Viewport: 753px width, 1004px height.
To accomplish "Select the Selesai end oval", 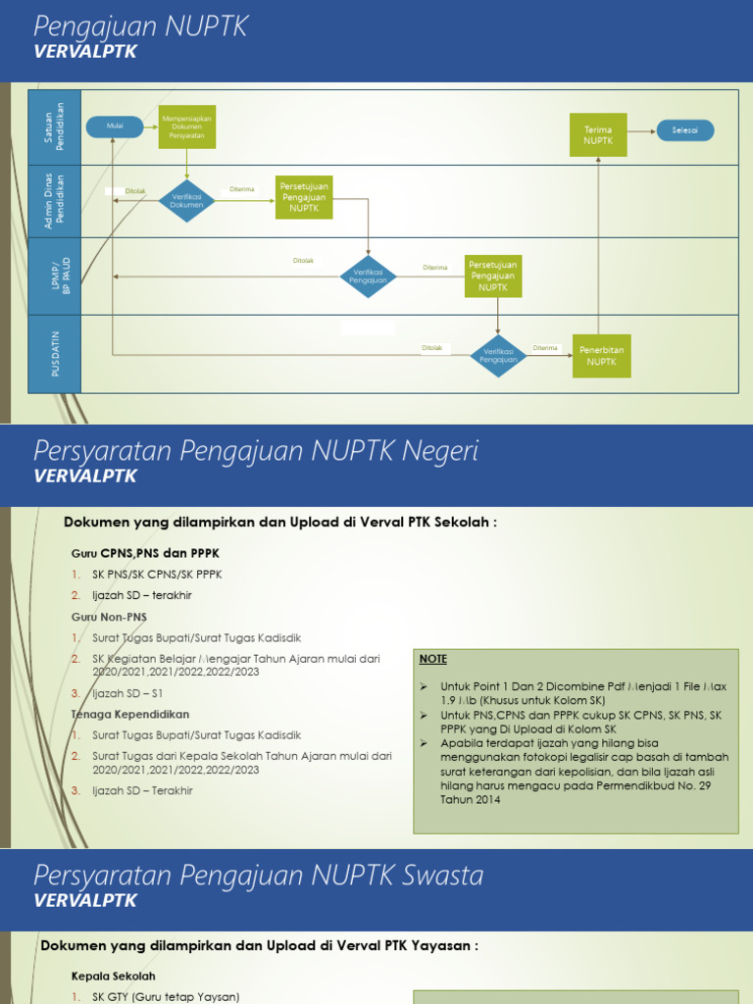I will pos(686,129).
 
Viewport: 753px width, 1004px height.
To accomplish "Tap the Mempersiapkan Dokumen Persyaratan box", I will pos(186,126).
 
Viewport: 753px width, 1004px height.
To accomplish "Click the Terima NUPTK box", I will pos(598,134).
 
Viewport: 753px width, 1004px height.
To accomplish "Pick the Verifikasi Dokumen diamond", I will pos(186,200).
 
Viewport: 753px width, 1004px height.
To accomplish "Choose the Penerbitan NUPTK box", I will pos(601,355).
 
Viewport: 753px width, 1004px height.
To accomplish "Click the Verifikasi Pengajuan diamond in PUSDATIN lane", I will pos(498,355).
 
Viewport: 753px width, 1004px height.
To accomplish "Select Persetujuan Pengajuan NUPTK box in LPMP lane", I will pos(493,276).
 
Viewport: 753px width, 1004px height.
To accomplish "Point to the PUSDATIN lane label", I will pos(56,354).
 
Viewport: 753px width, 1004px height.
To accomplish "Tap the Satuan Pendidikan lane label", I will pos(56,126).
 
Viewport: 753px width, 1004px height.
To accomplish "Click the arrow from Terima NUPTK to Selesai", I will pos(641,129).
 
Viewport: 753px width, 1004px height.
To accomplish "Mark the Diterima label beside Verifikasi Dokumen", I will pos(241,189).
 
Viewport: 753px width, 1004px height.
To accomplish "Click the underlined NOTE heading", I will pos(432,659).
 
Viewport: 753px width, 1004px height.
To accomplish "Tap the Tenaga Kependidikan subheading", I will pos(130,714).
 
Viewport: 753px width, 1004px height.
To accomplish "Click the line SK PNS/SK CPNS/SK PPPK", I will pos(157,575).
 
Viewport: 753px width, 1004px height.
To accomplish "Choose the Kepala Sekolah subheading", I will pos(114,977).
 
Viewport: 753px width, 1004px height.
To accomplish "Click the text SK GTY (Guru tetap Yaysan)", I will pos(166,997).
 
